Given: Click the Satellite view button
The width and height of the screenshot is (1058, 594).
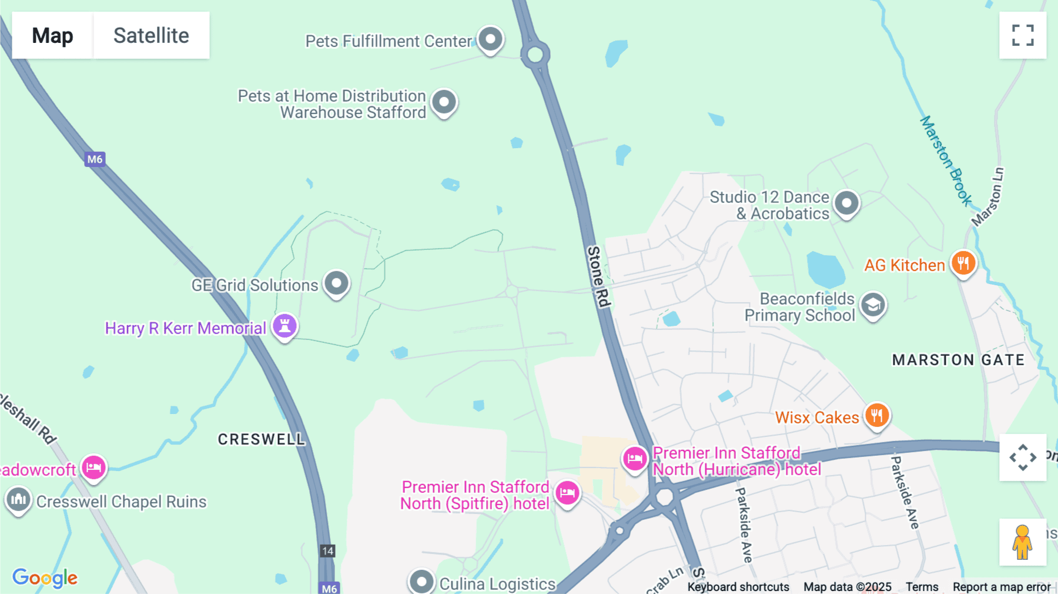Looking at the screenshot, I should [151, 35].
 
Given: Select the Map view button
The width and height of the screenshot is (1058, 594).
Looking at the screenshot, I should [52, 35].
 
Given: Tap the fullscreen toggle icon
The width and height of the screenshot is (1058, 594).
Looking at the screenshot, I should [1023, 35].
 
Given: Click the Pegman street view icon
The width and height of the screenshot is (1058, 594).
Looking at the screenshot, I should [1022, 542].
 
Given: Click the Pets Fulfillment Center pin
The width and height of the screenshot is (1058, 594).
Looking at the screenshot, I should [490, 39].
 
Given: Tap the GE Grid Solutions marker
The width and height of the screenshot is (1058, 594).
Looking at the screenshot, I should [337, 283].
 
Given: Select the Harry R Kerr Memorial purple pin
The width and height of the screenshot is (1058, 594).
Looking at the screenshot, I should [284, 326].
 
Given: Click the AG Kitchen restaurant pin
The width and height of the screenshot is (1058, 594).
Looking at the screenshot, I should [963, 263].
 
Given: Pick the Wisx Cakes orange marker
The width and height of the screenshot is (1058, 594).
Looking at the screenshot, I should [876, 416].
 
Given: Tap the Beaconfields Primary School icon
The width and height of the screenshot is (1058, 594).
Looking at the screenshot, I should [873, 305].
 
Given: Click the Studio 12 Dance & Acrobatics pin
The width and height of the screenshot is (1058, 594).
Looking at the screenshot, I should [846, 204].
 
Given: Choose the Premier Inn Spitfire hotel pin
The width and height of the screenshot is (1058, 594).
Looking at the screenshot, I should [567, 493].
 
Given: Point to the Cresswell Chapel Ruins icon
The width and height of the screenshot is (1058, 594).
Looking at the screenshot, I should [18, 500].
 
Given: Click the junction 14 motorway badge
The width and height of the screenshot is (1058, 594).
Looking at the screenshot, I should [327, 551].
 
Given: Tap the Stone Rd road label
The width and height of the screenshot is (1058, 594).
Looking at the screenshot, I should [598, 276].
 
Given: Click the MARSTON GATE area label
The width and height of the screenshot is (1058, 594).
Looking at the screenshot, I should [958, 360].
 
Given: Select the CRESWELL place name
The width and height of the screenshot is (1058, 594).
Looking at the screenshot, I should [262, 439].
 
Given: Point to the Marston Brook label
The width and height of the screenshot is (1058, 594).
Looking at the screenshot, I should [945, 160].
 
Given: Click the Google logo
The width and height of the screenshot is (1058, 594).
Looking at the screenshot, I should [45, 578].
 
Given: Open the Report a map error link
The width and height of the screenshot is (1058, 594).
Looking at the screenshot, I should [1002, 587].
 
